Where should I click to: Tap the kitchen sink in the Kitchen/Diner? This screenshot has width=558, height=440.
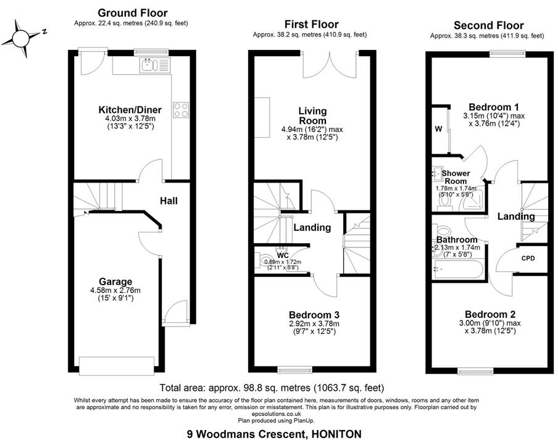click(x=150, y=64)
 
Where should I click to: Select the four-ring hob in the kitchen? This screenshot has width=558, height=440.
click(x=181, y=110)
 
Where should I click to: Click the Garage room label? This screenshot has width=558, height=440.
click(x=117, y=281)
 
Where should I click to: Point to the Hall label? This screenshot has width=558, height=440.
click(x=170, y=201)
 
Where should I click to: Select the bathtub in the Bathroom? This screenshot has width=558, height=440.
click(x=459, y=268)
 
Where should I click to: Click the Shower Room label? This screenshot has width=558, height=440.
click(x=456, y=178)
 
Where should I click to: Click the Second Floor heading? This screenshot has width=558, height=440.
click(x=488, y=25)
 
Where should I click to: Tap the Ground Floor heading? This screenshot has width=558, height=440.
click(x=132, y=13)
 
